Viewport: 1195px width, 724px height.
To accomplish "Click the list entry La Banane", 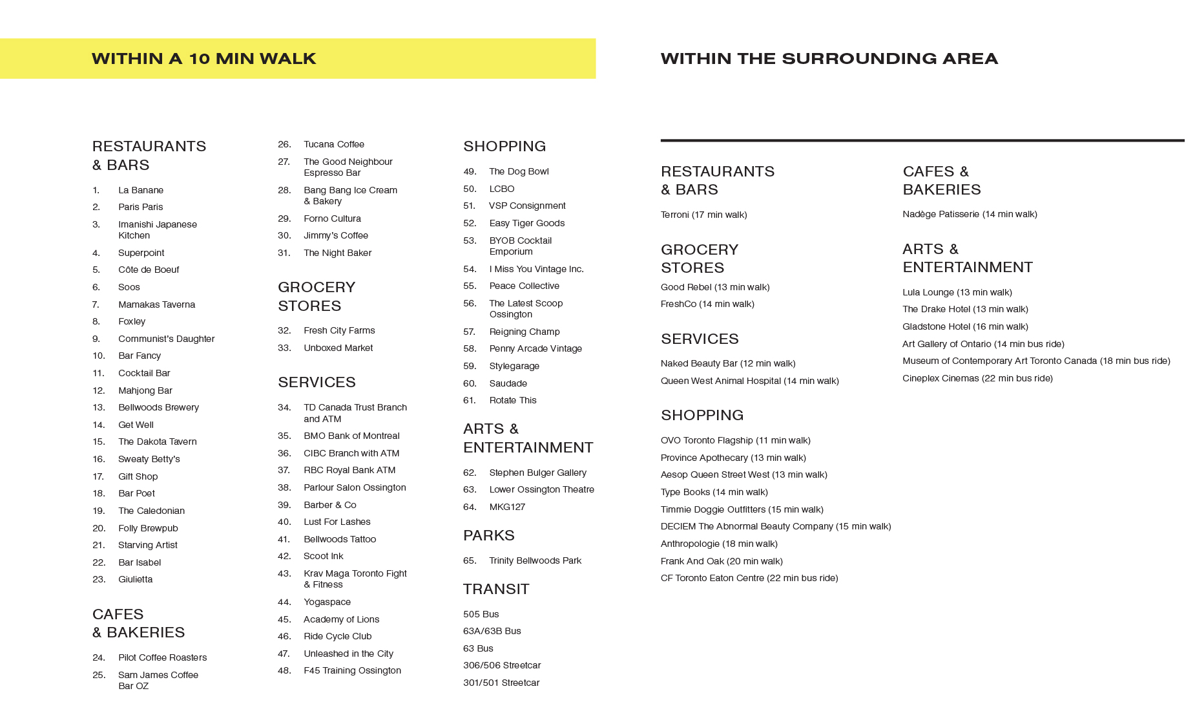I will pyautogui.click(x=140, y=190).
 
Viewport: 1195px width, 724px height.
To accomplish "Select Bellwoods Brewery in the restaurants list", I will pyautogui.click(x=158, y=407).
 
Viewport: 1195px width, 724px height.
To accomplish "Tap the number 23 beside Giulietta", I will pyautogui.click(x=99, y=579).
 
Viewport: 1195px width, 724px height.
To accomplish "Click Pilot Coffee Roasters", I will pyautogui.click(x=162, y=657).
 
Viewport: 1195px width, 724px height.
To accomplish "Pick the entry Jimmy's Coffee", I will pyautogui.click(x=335, y=235).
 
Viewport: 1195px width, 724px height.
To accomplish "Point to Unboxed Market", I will pyautogui.click(x=338, y=348).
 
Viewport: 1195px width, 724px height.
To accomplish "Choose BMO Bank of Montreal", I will pyautogui.click(x=351, y=436).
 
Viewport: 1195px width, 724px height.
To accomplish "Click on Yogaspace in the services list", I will pyautogui.click(x=327, y=602).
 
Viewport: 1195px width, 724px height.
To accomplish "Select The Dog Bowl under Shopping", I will pyautogui.click(x=519, y=171).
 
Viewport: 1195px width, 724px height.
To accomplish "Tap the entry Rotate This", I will pyautogui.click(x=512, y=400).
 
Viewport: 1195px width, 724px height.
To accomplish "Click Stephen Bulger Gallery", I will pyautogui.click(x=537, y=473).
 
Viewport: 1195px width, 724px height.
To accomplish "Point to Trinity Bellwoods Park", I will pyautogui.click(x=535, y=560).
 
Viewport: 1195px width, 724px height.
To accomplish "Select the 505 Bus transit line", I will pyautogui.click(x=481, y=614).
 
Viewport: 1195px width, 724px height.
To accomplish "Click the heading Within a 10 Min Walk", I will pyautogui.click(x=203, y=59).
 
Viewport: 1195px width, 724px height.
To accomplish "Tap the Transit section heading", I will pyautogui.click(x=496, y=589).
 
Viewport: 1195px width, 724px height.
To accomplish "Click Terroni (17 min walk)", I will pyautogui.click(x=703, y=215).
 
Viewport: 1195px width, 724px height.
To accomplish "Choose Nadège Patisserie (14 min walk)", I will pyautogui.click(x=970, y=214).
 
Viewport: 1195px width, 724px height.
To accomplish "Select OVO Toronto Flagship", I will pyautogui.click(x=735, y=440).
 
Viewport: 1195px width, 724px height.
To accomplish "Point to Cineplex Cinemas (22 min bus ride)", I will pyautogui.click(x=977, y=378).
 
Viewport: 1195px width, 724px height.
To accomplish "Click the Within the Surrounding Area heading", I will pyautogui.click(x=829, y=59).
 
